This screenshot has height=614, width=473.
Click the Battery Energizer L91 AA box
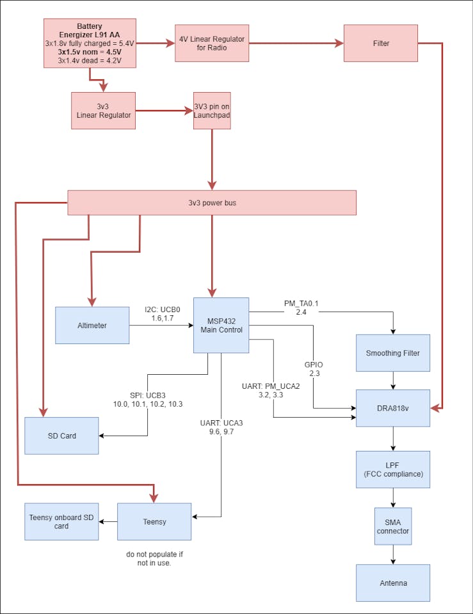pyautogui.click(x=90, y=43)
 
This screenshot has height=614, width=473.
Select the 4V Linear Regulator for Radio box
pyautogui.click(x=212, y=43)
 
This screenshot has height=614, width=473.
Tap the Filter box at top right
pyautogui.click(x=381, y=43)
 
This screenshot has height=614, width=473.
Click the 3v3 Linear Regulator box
pyautogui.click(x=103, y=111)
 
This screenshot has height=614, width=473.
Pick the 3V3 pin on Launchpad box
pyautogui.click(x=212, y=111)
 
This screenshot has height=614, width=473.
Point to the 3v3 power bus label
pyautogui.click(x=211, y=203)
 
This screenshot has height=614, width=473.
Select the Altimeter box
pyautogui.click(x=92, y=325)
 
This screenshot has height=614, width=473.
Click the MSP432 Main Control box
pyautogui.click(x=221, y=325)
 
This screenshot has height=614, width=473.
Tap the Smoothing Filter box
pyautogui.click(x=393, y=353)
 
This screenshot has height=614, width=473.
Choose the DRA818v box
pyautogui.click(x=393, y=408)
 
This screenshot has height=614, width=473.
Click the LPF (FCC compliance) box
pyautogui.click(x=393, y=469)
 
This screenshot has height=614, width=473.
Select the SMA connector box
pyautogui.click(x=393, y=526)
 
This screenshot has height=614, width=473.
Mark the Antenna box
pyautogui.click(x=393, y=583)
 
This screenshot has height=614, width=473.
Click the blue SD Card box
pyautogui.click(x=61, y=436)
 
